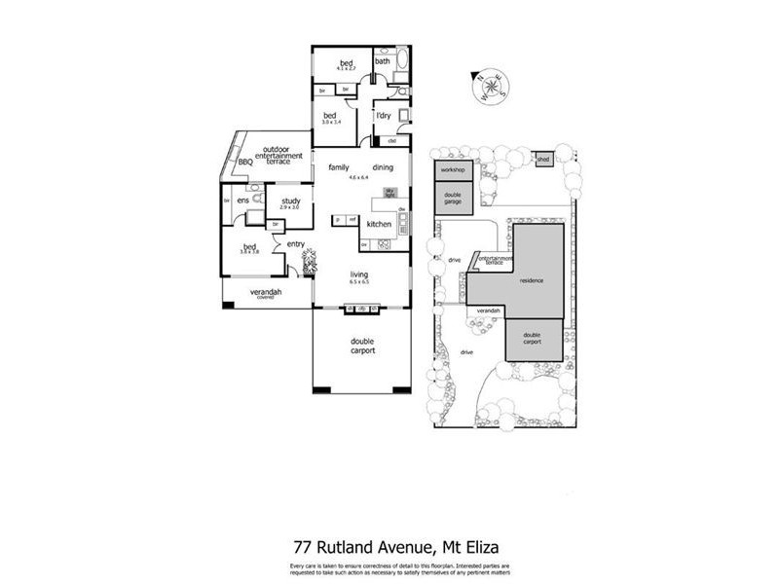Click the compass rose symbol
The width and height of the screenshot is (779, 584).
tap(490, 88)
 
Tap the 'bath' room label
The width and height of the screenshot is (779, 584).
tap(383, 61)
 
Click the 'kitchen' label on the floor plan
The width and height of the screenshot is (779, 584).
tap(379, 224)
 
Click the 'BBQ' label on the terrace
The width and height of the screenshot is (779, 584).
tap(244, 163)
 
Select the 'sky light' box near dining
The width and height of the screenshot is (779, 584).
tap(389, 192)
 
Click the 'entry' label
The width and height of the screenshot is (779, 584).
tap(296, 244)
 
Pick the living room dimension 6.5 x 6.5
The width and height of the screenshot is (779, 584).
tap(360, 285)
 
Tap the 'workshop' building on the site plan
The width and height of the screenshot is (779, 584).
tap(452, 170)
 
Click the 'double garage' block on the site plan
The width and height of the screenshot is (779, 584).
tap(454, 198)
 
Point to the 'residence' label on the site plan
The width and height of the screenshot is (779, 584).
tap(531, 280)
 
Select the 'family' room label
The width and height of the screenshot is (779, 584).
tap(338, 167)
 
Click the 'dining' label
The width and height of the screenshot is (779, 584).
tap(383, 167)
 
